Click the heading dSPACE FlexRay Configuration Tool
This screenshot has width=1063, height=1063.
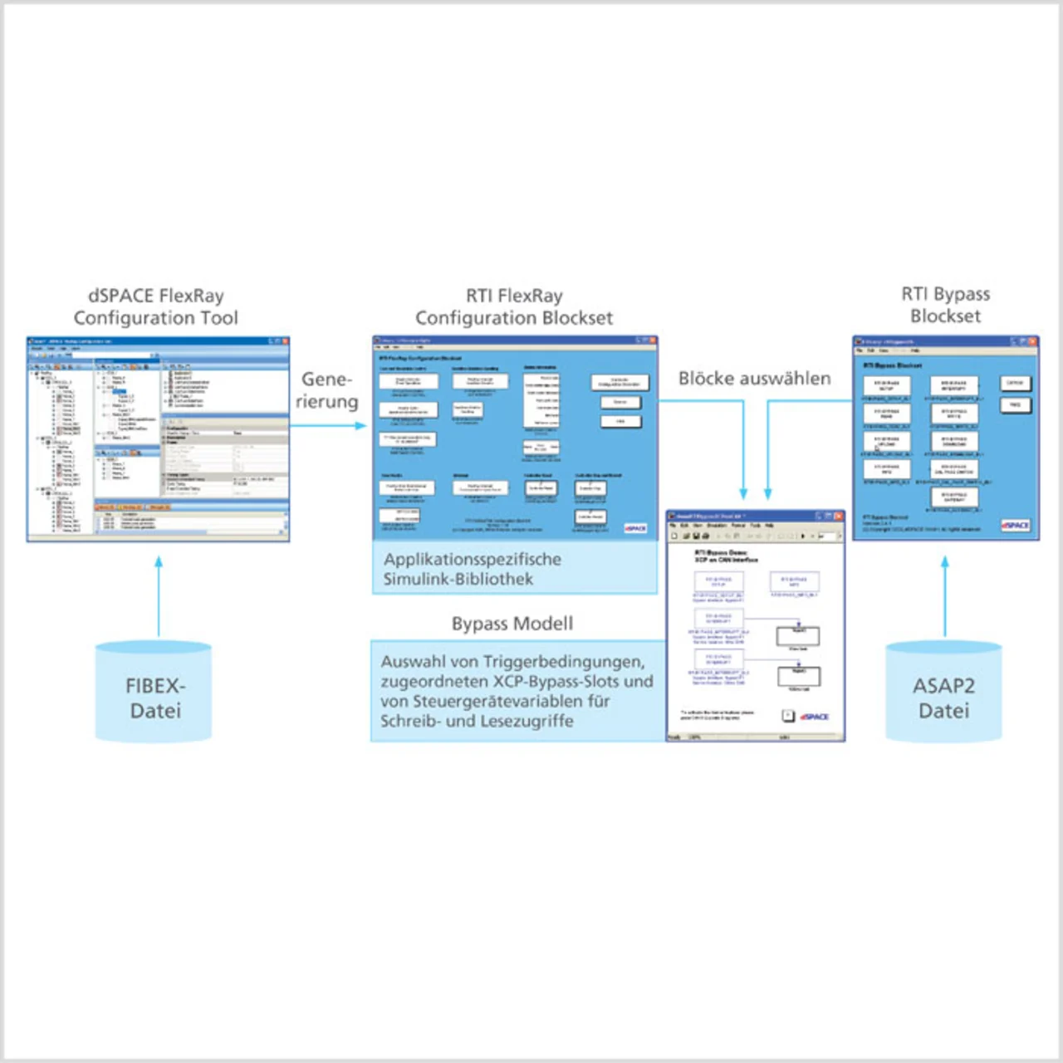[155, 306]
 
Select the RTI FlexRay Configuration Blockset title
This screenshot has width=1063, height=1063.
[514, 306]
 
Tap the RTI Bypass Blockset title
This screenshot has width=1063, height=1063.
[945, 305]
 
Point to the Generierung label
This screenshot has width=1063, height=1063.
[326, 390]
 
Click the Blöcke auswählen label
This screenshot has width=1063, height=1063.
[754, 379]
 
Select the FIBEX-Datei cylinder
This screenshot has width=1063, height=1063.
[154, 692]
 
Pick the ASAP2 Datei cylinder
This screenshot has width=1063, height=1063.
[943, 692]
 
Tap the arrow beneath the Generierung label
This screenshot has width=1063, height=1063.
[329, 425]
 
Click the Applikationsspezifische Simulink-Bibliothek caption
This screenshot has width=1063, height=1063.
[472, 569]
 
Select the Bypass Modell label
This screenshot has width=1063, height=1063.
[512, 624]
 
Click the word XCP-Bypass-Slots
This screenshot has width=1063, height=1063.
[556, 682]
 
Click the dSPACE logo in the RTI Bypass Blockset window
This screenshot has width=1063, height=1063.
[1015, 526]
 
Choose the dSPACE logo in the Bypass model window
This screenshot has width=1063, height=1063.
[815, 717]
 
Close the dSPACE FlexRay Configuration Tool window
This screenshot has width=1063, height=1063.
[285, 341]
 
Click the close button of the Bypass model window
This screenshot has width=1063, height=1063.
[839, 517]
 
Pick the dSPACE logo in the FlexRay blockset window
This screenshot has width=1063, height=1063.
[635, 528]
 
